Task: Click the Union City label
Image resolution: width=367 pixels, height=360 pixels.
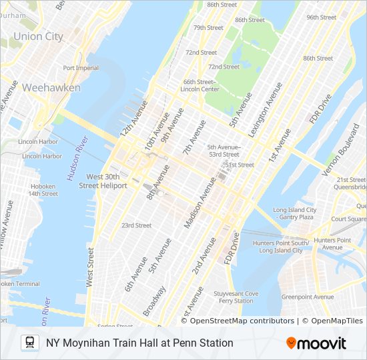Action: pos(38,37)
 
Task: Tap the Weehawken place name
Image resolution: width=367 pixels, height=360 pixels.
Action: pos(51,88)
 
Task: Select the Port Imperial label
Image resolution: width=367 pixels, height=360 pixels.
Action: pos(81,68)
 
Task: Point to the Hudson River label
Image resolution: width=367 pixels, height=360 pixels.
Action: pos(77,158)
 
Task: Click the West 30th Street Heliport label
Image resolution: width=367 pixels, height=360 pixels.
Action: pos(103,181)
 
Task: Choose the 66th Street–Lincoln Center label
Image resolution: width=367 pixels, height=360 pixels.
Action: pos(200,85)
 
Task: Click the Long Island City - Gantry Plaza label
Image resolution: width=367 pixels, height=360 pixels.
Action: pos(294,213)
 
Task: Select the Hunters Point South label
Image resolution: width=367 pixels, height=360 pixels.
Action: pos(283,247)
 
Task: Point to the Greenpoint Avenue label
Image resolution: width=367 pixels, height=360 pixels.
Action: pos(307,297)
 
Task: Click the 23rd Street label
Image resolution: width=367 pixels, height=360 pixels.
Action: pos(136,225)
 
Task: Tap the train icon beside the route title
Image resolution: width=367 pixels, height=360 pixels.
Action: pos(29,343)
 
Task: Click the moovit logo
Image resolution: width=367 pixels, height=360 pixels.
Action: pos(316,343)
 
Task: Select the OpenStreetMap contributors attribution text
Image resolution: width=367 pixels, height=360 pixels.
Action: pos(242,321)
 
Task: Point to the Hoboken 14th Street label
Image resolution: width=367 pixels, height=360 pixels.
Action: pos(43,190)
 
